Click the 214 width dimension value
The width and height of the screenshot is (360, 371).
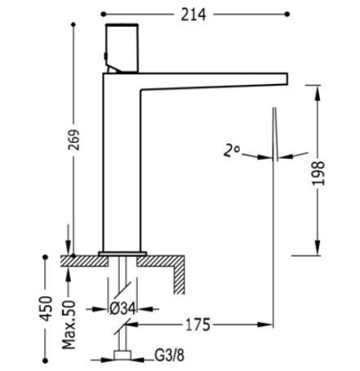coord(193,15)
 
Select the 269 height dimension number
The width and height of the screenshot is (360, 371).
coord(73,139)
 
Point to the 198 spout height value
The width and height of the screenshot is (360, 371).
coord(318,173)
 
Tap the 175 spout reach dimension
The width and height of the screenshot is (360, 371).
coord(198,325)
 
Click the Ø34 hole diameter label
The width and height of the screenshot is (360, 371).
coord(122,309)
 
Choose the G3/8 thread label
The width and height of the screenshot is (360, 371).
coord(169,356)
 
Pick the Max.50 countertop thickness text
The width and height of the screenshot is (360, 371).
coord(69,325)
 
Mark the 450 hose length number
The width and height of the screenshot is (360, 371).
coord(46,308)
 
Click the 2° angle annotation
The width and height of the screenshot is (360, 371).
coord(231,151)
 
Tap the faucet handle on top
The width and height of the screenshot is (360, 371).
coord(122,48)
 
